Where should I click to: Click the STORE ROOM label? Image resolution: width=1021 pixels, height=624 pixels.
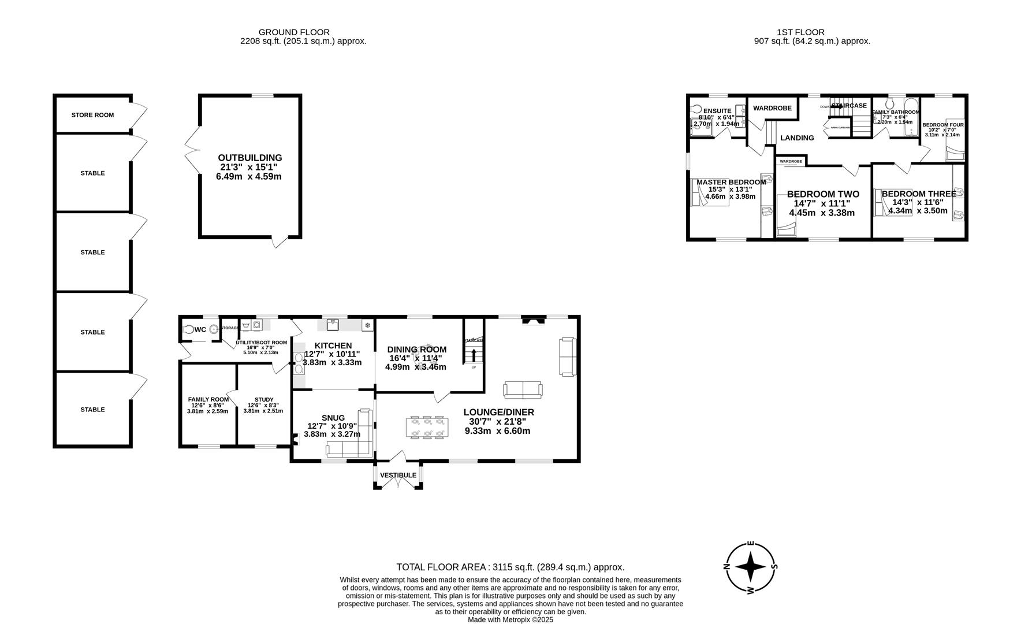92,115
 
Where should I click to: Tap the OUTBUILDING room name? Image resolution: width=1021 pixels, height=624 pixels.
249,158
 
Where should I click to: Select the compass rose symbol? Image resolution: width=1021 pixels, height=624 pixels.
750,567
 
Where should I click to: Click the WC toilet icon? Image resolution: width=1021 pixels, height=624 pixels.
188,330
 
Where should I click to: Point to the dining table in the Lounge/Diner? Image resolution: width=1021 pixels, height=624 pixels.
427,428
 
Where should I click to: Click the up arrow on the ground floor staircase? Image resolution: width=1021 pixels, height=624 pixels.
474,354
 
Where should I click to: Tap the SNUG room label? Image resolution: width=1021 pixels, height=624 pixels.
333,418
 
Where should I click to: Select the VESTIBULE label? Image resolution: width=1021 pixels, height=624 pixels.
398,476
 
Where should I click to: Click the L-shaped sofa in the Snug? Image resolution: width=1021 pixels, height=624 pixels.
350,443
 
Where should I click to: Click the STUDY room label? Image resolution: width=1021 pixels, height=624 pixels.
264,399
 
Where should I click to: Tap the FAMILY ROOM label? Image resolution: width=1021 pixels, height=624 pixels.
208,399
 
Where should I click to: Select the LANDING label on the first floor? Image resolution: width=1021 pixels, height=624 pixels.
797,138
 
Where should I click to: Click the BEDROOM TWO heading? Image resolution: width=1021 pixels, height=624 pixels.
822,194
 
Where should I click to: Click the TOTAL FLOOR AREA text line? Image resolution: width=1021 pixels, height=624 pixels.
510,567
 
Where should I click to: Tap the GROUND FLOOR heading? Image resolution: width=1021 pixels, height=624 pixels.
294,32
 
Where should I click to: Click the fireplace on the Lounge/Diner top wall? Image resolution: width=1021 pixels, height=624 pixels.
532,320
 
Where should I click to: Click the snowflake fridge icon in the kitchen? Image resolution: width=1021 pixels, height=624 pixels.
366,326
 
